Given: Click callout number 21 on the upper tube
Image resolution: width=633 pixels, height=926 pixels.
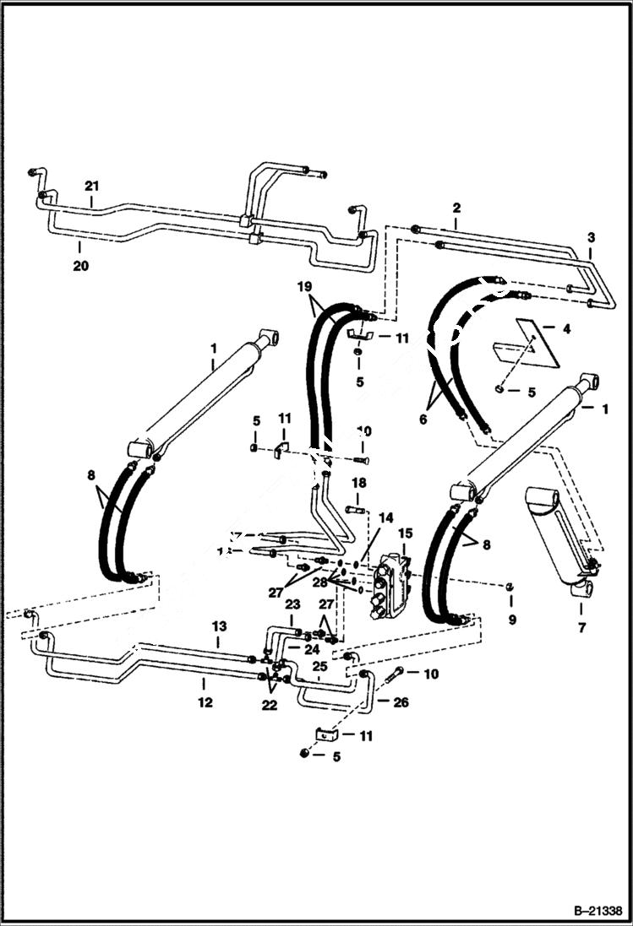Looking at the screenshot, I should tap(92, 186).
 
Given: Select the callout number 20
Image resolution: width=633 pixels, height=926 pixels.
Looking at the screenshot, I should tap(80, 265).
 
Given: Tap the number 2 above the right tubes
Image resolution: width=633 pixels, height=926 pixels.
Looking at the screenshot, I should tap(456, 208).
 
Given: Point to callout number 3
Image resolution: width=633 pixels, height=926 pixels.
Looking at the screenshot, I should tap(591, 237).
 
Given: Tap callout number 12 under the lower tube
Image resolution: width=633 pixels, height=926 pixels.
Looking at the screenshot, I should tap(205, 701).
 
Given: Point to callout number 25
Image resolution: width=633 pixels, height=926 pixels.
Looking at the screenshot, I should tap(319, 667).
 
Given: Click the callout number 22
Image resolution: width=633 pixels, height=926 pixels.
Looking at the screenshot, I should tap(270, 706).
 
